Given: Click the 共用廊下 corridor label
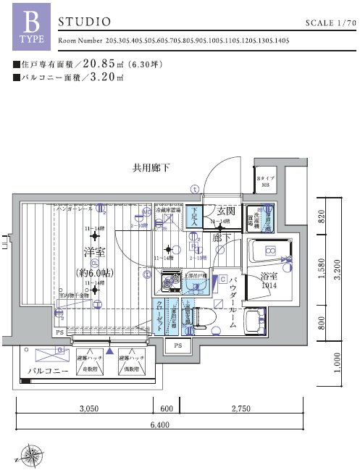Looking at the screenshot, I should tap(151, 168).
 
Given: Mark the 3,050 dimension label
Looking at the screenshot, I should tap(88, 409).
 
